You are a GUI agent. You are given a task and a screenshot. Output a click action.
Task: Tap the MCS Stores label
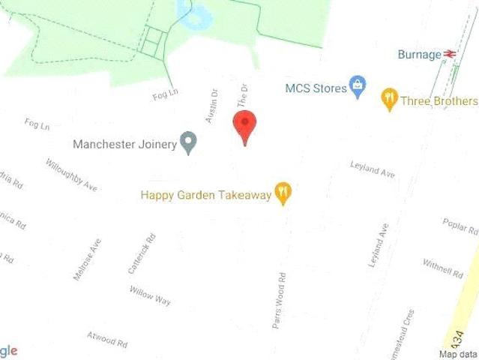click(316, 88)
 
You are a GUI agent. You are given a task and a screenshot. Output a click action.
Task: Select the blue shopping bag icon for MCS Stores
click(358, 88)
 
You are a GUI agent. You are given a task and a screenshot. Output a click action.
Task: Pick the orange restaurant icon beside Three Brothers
click(389, 98)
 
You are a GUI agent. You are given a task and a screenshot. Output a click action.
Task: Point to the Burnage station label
click(419, 54)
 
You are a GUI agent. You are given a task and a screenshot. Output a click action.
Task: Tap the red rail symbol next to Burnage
click(451, 54)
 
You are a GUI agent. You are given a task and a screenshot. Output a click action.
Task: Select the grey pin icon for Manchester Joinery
click(190, 142)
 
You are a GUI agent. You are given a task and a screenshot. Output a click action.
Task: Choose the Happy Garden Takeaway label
click(205, 195)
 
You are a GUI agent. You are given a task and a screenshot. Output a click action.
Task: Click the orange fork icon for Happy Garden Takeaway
click(283, 193)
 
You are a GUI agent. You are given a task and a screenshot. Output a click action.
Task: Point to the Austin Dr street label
click(212, 107)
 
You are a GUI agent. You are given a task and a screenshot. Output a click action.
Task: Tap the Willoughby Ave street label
click(71, 174)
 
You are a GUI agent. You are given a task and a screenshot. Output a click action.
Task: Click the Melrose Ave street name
click(87, 259)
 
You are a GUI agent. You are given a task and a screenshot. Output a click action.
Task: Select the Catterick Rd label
click(142, 253)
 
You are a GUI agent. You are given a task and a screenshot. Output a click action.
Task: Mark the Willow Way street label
click(150, 295)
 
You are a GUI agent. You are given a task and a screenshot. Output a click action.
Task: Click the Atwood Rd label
click(106, 339)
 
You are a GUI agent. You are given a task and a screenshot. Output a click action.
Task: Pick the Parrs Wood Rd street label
click(279, 300)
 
